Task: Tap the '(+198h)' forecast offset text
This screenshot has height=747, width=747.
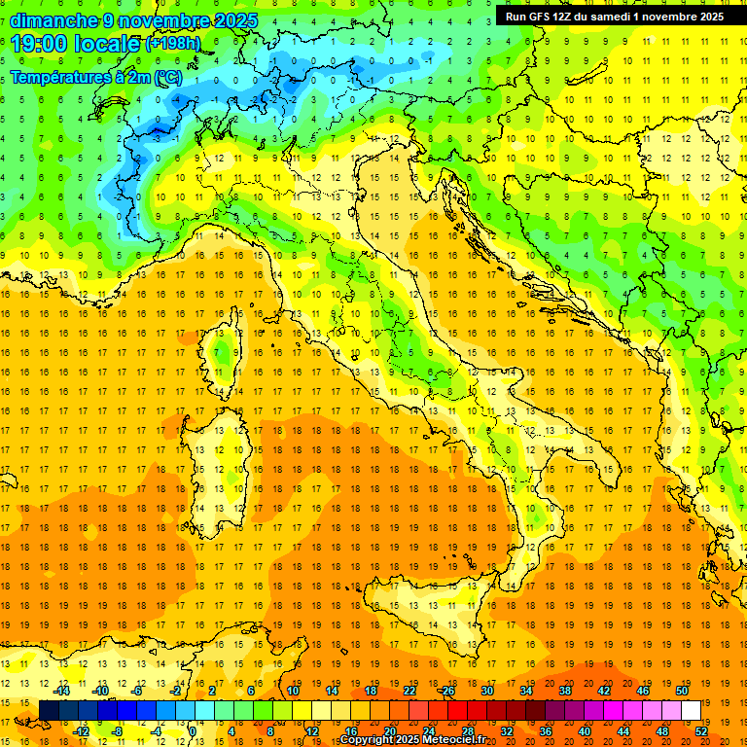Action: pyautogui.click(x=173, y=44)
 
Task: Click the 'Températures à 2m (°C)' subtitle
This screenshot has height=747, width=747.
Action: pyautogui.click(x=96, y=77)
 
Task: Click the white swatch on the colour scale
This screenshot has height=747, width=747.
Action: pyautogui.click(x=692, y=710)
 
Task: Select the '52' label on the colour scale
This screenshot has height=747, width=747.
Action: pyautogui.click(x=701, y=731)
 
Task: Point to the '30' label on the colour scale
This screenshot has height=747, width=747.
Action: pyautogui.click(x=487, y=691)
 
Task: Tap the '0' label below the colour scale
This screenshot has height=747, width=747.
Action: pyautogui.click(x=194, y=731)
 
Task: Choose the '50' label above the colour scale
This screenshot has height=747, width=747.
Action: pyautogui.click(x=682, y=691)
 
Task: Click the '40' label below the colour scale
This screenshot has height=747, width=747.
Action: pyautogui.click(x=585, y=731)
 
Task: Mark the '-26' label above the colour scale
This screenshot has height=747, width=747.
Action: pyautogui.click(x=447, y=691)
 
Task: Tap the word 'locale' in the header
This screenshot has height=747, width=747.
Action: pyautogui.click(x=108, y=44)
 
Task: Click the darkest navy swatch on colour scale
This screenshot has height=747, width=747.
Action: pyautogui.click(x=49, y=710)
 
